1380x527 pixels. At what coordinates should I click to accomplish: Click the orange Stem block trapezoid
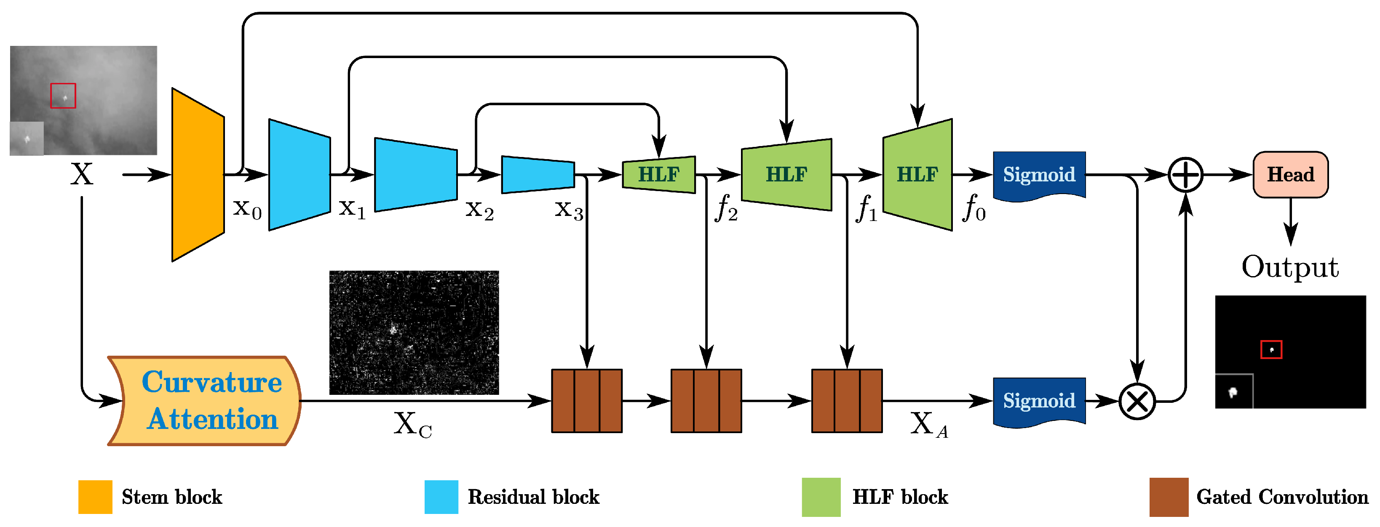(x=198, y=175)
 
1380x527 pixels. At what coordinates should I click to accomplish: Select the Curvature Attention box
(x=206, y=401)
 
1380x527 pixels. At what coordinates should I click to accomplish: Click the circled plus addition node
(x=1185, y=175)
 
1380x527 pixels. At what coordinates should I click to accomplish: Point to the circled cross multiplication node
(x=1137, y=401)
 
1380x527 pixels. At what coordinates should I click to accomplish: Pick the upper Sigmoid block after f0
(x=1039, y=175)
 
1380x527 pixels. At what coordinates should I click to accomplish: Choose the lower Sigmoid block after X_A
(x=1039, y=401)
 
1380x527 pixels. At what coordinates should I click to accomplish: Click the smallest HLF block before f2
(x=658, y=175)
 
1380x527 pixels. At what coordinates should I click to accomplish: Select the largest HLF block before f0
(x=917, y=175)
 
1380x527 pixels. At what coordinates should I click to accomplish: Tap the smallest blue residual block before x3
(x=538, y=175)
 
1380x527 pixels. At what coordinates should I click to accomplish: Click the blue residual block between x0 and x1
(x=299, y=175)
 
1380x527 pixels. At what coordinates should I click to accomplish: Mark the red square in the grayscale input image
(x=63, y=96)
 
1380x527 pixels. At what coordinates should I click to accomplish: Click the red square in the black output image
(x=1271, y=350)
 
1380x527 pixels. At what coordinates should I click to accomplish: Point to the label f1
(x=866, y=208)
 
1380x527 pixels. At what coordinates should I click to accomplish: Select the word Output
(x=1289, y=267)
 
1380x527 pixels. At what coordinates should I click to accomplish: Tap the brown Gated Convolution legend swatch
(x=1169, y=497)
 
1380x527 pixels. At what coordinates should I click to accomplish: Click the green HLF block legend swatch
(x=821, y=497)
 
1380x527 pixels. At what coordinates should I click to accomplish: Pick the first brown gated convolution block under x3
(x=587, y=401)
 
